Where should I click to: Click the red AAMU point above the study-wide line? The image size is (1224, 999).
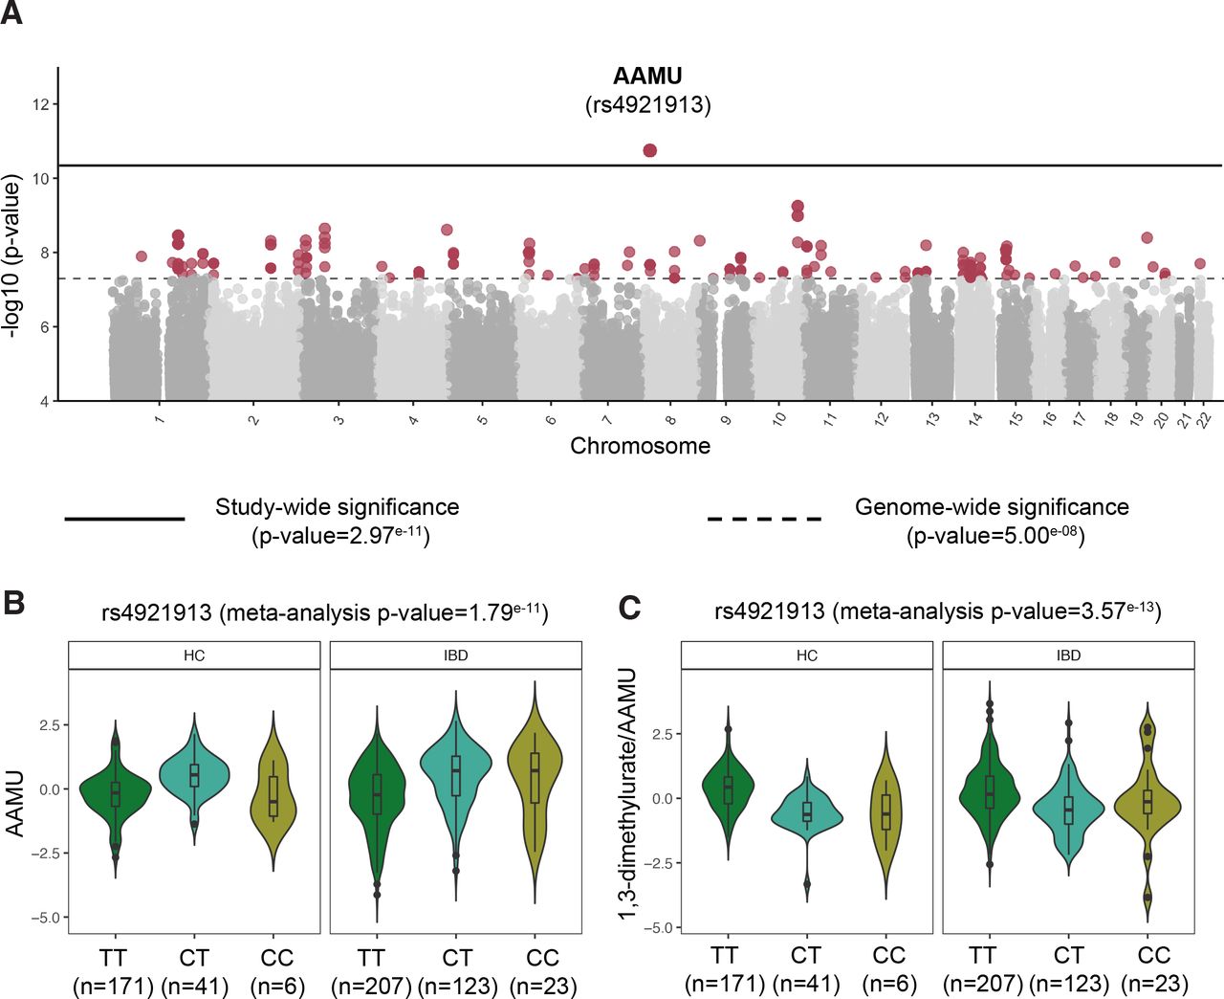650,150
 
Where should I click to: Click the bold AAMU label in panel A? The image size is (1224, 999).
647,77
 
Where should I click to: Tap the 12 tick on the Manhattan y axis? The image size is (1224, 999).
40,104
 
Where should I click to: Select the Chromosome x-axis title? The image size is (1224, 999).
640,446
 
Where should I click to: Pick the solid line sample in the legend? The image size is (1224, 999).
124,519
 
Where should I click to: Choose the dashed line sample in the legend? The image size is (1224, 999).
764,519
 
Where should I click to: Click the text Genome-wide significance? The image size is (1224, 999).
992,507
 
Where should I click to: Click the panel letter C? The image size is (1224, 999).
629,608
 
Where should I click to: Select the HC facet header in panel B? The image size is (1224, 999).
194,655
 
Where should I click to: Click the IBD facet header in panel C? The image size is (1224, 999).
1068,655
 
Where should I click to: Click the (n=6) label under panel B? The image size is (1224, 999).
277,986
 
